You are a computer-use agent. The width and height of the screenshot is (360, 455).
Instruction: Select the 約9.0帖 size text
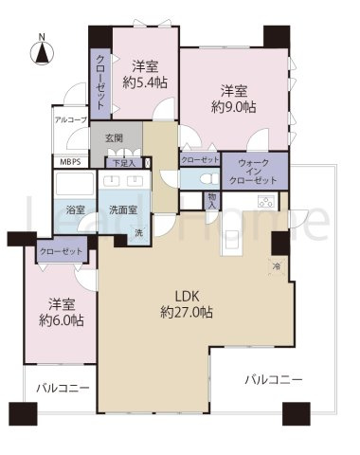(235, 107)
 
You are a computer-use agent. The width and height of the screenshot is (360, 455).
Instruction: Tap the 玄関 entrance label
(114, 139)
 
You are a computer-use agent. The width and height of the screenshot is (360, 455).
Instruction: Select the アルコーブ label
(70, 120)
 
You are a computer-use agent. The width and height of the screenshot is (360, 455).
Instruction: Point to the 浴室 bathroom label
(73, 209)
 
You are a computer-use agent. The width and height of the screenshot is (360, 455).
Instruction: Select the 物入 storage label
(213, 201)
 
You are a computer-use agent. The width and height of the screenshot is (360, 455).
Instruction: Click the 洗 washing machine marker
(138, 234)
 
